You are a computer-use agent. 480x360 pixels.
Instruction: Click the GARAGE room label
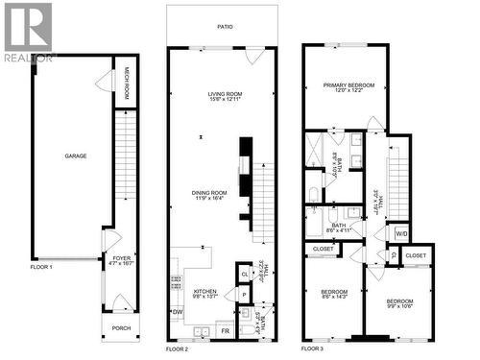coord(76,155)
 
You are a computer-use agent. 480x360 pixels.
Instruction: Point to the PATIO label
coord(224,27)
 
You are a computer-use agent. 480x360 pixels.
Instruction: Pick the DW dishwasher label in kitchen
coord(178,311)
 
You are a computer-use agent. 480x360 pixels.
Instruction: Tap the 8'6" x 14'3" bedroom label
coord(334,293)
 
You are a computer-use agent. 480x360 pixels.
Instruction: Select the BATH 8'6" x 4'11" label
coord(332,227)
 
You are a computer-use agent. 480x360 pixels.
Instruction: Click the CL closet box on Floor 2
coord(245,274)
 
